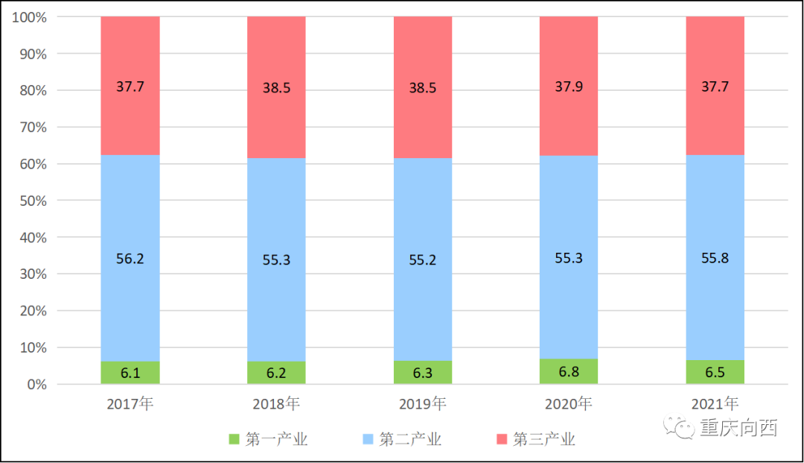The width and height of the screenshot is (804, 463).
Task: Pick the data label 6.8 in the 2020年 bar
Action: pos(569,372)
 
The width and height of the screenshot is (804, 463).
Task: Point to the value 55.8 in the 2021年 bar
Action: pos(715,259)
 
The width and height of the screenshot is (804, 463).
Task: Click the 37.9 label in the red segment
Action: pos(569,87)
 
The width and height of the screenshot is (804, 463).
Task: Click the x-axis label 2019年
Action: pos(422,404)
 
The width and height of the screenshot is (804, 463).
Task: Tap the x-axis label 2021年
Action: pos(715,404)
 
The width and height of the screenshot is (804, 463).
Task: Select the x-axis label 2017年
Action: pos(130,404)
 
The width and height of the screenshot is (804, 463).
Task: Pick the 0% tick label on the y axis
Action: pos(34,385)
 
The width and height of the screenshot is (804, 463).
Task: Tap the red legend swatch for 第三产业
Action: pos(501,439)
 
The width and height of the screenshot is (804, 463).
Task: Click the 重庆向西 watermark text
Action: pos(738,429)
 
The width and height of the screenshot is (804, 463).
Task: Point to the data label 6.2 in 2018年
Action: pos(276,373)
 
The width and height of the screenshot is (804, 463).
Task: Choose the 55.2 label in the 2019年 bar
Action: pos(422,259)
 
